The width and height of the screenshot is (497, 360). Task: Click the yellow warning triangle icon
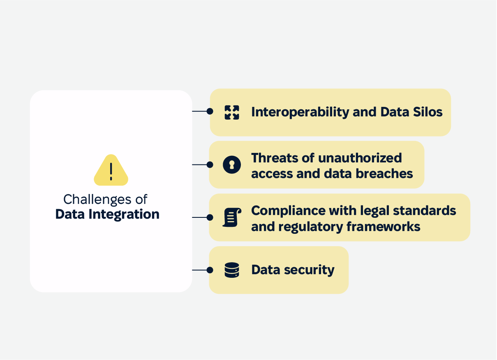[x=111, y=171]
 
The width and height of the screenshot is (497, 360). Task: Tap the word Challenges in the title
[x=97, y=200]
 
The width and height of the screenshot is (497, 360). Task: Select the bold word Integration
[x=124, y=215]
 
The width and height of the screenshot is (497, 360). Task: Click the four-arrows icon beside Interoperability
[x=232, y=113]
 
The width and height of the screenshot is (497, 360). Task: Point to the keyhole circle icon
[x=232, y=165]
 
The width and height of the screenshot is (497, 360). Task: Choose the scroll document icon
[x=232, y=217]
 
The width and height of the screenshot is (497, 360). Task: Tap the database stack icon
[x=232, y=270]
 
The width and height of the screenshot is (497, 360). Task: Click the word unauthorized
[x=360, y=158]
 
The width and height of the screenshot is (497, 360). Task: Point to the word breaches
[x=384, y=173]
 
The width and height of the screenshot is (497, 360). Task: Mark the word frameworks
[x=384, y=226]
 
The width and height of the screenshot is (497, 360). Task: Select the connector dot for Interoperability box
[x=210, y=111]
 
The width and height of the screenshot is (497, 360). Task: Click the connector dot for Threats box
[x=210, y=164]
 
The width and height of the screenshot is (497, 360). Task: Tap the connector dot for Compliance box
[x=210, y=217]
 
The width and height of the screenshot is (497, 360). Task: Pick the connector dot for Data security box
[x=210, y=270]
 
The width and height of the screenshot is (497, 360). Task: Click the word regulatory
[x=311, y=227]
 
